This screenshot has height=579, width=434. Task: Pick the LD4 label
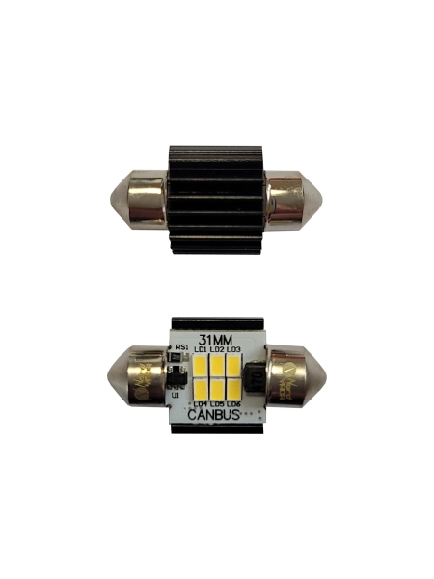pyautogui.click(x=201, y=402)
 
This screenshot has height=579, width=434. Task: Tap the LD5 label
pyautogui.click(x=217, y=402)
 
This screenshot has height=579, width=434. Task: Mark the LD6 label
pyautogui.click(x=233, y=402)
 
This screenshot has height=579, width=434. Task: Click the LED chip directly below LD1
pyautogui.click(x=201, y=365)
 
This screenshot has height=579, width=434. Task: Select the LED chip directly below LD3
pyautogui.click(x=233, y=365)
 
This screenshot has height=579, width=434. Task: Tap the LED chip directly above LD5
pyautogui.click(x=217, y=388)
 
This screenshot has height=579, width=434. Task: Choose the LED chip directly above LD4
pyautogui.click(x=201, y=388)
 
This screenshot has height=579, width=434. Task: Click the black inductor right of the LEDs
pyautogui.click(x=256, y=377)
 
